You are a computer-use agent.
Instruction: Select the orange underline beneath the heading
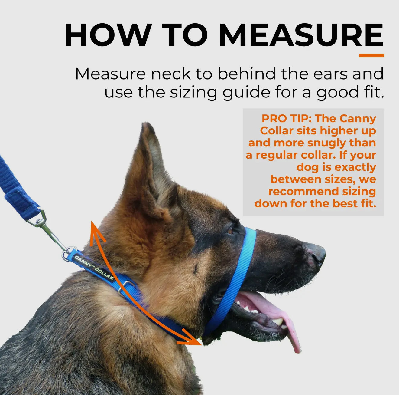point(371,55)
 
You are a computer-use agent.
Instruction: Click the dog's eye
point(230,231)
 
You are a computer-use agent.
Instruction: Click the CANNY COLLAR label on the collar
point(94,268)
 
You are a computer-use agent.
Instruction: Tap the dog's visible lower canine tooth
point(278,321)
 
